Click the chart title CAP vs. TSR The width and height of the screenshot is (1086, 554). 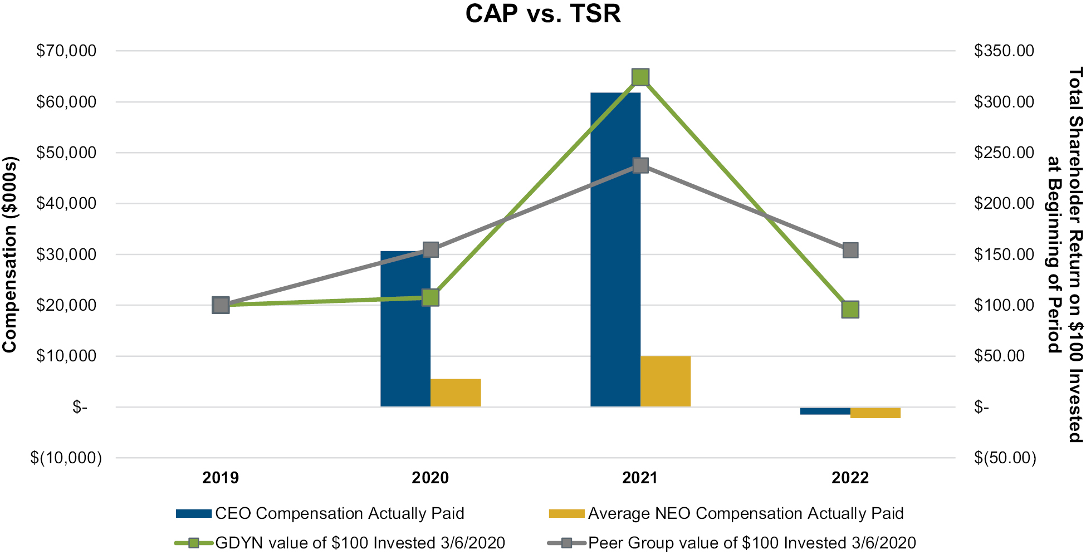click(x=543, y=13)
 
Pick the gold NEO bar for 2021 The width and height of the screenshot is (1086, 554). click(x=666, y=381)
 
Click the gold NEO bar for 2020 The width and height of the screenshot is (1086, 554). click(x=456, y=393)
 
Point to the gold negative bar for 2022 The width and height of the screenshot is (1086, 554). click(x=875, y=413)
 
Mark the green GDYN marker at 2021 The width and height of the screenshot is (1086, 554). click(x=640, y=77)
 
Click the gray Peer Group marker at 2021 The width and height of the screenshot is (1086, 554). click(x=640, y=165)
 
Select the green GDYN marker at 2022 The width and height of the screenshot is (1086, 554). click(x=850, y=309)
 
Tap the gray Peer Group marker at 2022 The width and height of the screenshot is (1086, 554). click(x=850, y=250)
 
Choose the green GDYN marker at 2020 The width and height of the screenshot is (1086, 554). click(x=431, y=297)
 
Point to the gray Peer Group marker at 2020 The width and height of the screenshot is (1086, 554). click(x=431, y=249)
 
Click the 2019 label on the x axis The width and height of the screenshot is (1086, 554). click(x=221, y=478)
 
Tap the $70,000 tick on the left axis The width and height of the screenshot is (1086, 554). click(x=66, y=51)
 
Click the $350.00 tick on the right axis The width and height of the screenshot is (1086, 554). click(x=1004, y=51)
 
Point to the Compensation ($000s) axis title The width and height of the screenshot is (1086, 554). click(x=10, y=254)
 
